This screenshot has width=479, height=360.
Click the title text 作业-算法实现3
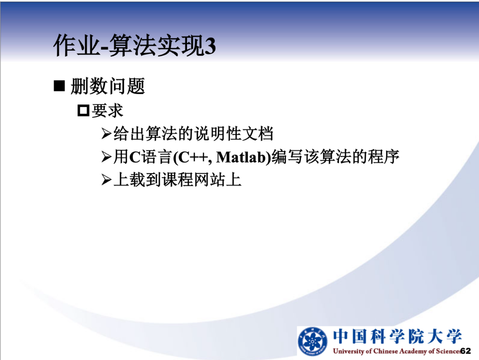[135, 45]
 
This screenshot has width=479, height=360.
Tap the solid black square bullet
[59, 86]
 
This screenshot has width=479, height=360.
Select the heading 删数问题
[108, 86]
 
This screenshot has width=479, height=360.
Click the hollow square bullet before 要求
[83, 111]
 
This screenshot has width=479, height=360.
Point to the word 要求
[107, 111]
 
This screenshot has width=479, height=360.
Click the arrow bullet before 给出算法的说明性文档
[106, 134]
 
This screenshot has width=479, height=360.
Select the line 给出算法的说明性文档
[193, 134]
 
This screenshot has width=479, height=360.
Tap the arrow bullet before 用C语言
[106, 156]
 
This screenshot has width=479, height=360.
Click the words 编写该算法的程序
[335, 156]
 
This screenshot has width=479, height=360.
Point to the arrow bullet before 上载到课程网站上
[106, 179]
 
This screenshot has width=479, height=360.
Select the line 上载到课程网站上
[177, 179]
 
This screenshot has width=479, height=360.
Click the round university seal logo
[313, 341]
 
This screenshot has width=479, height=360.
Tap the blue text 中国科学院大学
[397, 337]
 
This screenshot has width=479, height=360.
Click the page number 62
[466, 351]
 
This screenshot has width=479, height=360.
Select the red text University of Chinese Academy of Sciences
[396, 351]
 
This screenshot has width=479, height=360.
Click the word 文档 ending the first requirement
[257, 134]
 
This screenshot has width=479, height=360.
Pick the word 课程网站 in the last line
[193, 179]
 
